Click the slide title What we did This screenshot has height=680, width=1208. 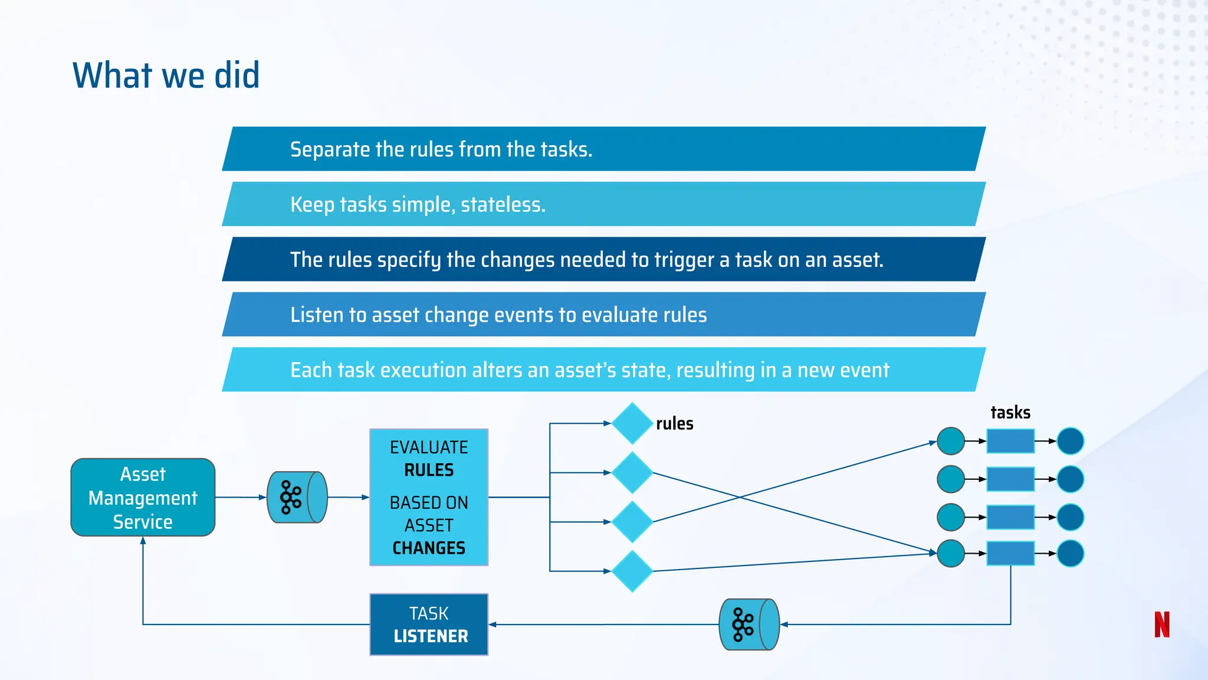point(166,76)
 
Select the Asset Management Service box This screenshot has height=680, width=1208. point(143,498)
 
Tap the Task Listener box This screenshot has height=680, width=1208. point(429,625)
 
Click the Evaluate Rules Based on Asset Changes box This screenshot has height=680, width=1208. point(429,497)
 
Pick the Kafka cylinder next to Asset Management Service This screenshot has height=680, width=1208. point(297,497)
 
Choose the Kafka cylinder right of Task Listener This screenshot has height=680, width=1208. point(749,625)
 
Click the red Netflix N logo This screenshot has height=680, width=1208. point(1161,625)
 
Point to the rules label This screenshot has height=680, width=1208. point(674,424)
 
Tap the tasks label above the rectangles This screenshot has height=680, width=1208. point(1010,413)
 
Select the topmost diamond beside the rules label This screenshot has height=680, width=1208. point(632,423)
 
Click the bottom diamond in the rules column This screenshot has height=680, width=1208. point(632,571)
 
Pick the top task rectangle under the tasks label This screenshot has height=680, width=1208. point(1010,441)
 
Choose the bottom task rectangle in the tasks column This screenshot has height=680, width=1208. point(1010,554)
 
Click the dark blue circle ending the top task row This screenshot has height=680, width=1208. point(1070,441)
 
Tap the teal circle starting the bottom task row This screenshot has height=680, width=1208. point(951,554)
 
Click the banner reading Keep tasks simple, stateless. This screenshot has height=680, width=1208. point(602,204)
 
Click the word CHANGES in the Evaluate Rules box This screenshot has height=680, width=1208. point(429,548)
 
